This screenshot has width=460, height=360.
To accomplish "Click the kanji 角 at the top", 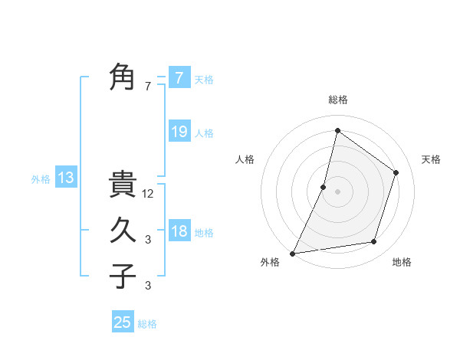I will tap(123, 77).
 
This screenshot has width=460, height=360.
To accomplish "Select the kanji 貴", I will tap(123, 185).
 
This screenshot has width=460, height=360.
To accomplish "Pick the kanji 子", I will tap(123, 276).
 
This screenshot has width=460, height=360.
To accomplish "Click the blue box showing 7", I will tap(179, 78).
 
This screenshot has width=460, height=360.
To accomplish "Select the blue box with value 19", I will tap(179, 132).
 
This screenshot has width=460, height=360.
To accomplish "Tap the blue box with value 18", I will tap(179, 231).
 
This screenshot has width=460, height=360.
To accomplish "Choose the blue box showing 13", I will tap(66, 178).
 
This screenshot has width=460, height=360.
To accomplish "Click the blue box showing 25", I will tap(123, 322).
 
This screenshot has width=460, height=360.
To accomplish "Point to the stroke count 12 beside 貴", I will tap(149, 194).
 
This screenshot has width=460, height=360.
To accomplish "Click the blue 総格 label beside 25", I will tap(147, 324).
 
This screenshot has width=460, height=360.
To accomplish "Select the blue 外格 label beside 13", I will tap(41, 179).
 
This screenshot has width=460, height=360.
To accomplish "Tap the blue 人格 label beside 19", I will tap(204, 133).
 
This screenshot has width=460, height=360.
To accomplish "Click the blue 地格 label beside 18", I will tap(204, 233).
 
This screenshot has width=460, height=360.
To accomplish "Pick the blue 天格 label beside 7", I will tap(204, 80).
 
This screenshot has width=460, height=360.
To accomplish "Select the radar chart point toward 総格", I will tap(337, 130).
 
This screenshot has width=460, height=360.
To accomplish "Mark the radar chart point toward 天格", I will tap(396, 172).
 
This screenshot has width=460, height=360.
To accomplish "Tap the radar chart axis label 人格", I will tap(245, 159).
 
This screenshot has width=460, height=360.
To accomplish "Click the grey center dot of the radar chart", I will tap(337, 191).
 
